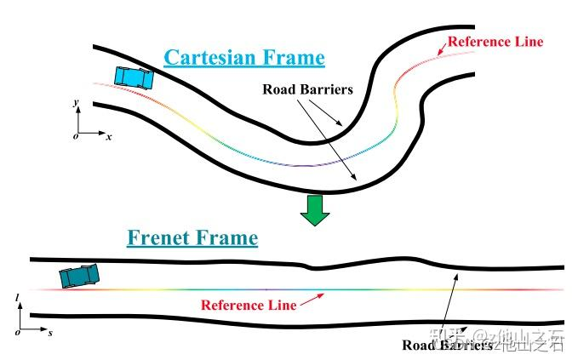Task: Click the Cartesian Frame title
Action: point(243,58)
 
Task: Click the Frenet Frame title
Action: point(192,237)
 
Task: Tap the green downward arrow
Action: point(316,210)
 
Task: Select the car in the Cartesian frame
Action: point(134,77)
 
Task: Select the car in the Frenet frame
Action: point(79,275)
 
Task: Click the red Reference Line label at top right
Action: point(495,42)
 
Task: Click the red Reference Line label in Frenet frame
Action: point(248,305)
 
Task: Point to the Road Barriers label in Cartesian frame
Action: point(307,89)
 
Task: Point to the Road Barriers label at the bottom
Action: point(446,346)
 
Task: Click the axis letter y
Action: point(76,102)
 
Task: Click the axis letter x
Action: point(110,136)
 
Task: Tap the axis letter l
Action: point(17,298)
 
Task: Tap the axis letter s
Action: point(49,333)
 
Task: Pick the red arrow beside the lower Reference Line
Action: point(313,298)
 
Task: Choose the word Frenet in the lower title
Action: point(162,237)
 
